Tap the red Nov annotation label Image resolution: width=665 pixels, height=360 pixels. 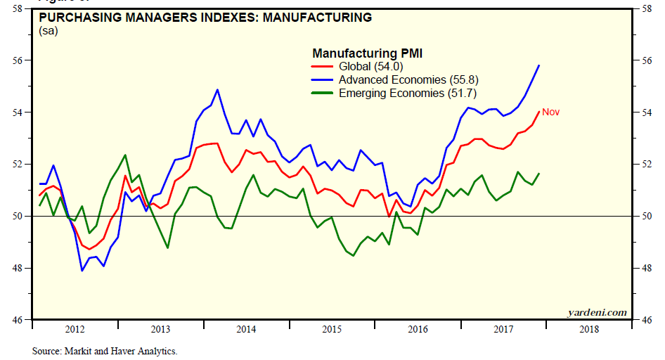tap(550, 112)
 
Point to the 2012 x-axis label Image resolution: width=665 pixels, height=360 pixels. tap(75, 329)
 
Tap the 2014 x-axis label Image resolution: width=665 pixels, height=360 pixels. tap(245, 329)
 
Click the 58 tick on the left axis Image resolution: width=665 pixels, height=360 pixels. tap(17, 8)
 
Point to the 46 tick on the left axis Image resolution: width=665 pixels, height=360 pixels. tap(17, 320)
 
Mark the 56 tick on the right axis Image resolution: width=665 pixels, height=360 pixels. tap(644, 60)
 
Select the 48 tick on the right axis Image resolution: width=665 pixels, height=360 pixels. tap(644, 268)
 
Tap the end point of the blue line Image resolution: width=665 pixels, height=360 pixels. tap(538, 65)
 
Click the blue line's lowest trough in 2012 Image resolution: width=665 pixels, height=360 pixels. tap(82, 271)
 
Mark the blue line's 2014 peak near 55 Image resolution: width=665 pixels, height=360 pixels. tap(217, 89)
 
